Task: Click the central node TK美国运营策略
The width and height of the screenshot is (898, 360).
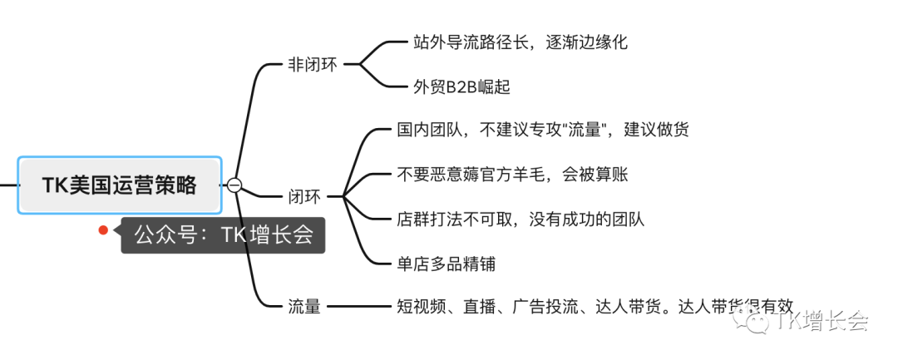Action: click(120, 185)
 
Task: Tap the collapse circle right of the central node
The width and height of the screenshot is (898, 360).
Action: click(234, 185)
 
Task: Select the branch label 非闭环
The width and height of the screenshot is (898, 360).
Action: click(313, 64)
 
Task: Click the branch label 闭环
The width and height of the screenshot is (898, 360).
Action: click(304, 197)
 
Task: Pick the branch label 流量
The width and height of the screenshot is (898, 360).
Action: click(304, 307)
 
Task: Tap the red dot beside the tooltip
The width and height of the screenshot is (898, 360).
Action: click(104, 230)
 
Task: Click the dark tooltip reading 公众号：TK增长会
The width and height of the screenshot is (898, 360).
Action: click(223, 235)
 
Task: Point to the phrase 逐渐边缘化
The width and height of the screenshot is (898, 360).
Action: click(586, 42)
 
